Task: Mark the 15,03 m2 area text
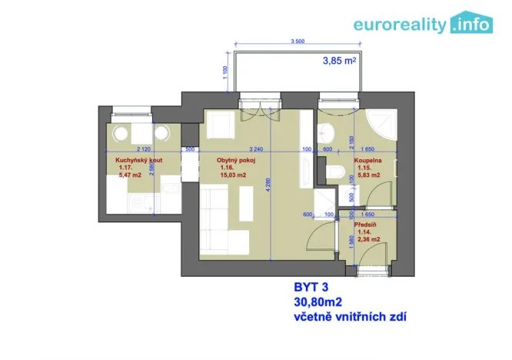point(232,175)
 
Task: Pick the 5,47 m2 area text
point(130,175)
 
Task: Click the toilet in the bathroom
point(333,171)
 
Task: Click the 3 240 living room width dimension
point(258,149)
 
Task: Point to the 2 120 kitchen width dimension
point(142,149)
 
